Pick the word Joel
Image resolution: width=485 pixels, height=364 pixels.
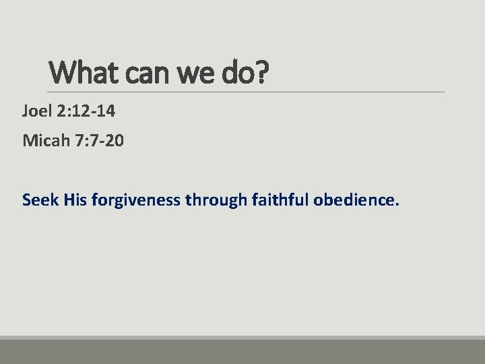click(x=37, y=111)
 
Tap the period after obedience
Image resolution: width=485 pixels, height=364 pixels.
click(x=397, y=204)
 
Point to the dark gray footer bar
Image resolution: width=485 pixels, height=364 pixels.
click(x=243, y=352)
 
